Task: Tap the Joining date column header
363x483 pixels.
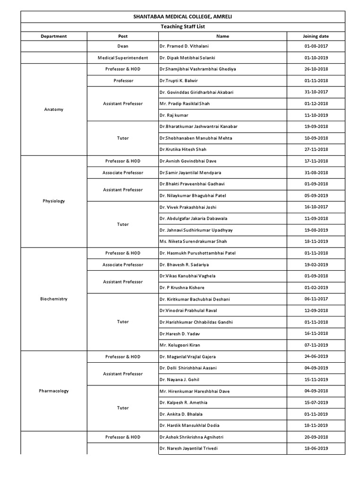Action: pos(316,36)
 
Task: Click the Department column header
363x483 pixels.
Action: pos(53,36)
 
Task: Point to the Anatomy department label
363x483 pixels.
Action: pos(53,109)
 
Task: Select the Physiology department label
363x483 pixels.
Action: pos(53,201)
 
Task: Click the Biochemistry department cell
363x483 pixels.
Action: pos(53,299)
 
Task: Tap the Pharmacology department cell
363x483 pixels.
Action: pos(53,391)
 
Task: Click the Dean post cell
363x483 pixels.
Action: pos(122,46)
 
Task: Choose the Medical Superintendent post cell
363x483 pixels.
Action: pos(122,58)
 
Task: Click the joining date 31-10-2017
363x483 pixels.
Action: pos(316,92)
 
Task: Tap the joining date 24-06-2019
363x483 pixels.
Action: pos(316,357)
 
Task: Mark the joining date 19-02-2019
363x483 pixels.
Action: pos(316,265)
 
